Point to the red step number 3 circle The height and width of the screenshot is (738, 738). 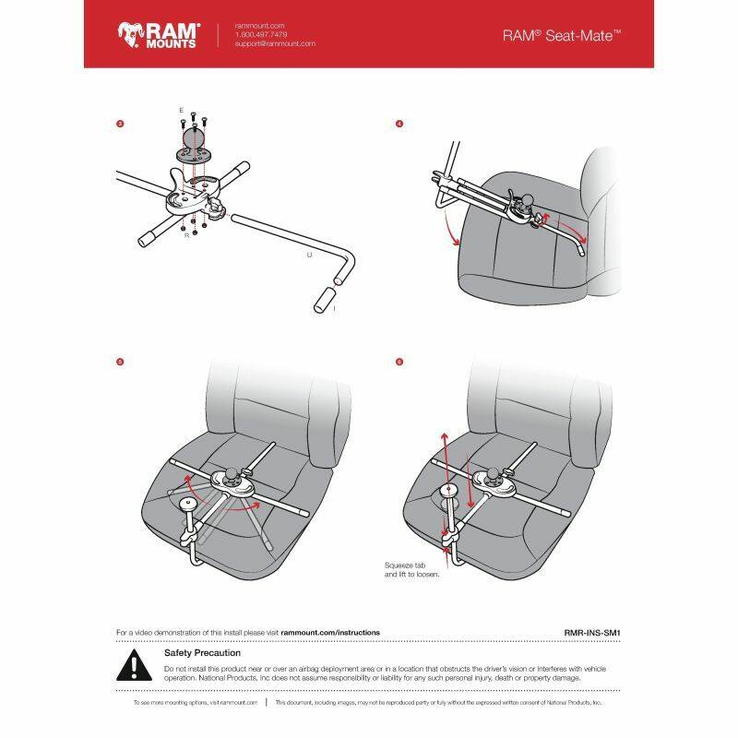(120, 123)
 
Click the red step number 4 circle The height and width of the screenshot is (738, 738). (399, 123)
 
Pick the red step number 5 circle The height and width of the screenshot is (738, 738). (120, 361)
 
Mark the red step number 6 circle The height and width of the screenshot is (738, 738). (399, 361)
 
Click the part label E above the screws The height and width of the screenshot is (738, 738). (181, 110)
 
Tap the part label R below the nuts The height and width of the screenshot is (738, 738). (187, 236)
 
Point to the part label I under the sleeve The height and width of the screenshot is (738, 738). (335, 311)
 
